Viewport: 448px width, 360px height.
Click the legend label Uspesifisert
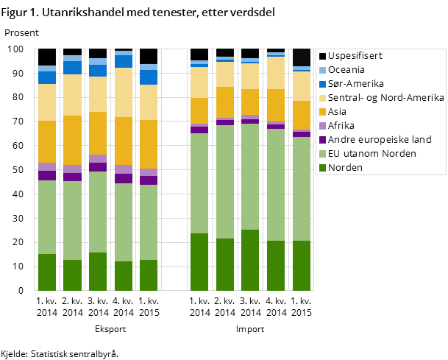point(355,56)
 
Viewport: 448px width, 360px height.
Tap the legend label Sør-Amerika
point(355,84)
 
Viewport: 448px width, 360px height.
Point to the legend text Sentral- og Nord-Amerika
point(385,98)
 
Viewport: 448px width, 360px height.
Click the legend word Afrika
point(341,126)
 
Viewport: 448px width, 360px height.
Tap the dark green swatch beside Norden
point(321,168)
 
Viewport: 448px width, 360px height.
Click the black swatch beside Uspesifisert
point(321,56)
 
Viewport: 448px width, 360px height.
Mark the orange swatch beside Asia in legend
point(321,112)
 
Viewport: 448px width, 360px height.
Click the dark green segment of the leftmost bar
point(47,272)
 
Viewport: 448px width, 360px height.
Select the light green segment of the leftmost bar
point(47,217)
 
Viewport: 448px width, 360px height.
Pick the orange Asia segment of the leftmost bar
point(47,141)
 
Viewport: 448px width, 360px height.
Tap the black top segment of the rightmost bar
point(302,57)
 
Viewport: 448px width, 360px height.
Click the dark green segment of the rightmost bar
point(302,266)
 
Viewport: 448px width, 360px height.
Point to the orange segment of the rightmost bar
point(302,115)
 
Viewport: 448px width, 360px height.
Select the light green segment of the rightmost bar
point(302,188)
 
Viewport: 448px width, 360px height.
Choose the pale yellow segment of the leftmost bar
point(47,102)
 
